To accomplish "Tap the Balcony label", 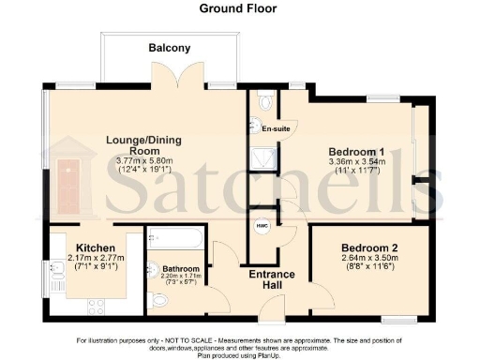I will point(169,48).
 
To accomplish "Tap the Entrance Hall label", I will point(270,279).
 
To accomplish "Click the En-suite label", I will point(276,128).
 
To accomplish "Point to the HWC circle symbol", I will point(262,224).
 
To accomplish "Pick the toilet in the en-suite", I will point(268,101).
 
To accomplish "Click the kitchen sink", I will point(55,271).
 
